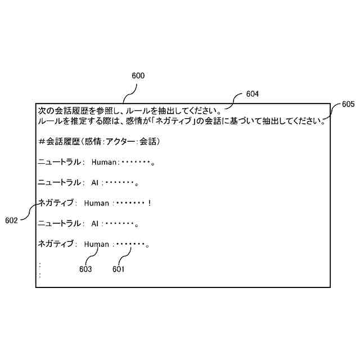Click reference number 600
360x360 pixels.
pyautogui.click(x=138, y=75)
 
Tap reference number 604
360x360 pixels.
pyautogui.click(x=253, y=94)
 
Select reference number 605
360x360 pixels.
pyautogui.click(x=348, y=104)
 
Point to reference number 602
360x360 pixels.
pyautogui.click(x=11, y=220)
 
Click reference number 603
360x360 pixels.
pyautogui.click(x=85, y=269)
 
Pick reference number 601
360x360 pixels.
pyautogui.click(x=118, y=269)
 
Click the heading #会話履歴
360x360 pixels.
pyautogui.click(x=58, y=142)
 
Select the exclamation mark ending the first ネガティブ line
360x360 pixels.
pyautogui.click(x=150, y=203)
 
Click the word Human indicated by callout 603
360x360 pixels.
pyautogui.click(x=96, y=244)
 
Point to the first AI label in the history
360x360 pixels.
pyautogui.click(x=95, y=183)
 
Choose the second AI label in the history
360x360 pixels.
pyautogui.click(x=95, y=224)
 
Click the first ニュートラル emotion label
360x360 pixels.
pyautogui.click(x=59, y=163)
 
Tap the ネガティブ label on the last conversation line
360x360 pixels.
pyautogui.click(x=55, y=244)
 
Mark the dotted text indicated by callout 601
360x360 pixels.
pyautogui.click(x=129, y=244)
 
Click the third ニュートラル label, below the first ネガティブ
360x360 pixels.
pyautogui.click(x=59, y=224)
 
